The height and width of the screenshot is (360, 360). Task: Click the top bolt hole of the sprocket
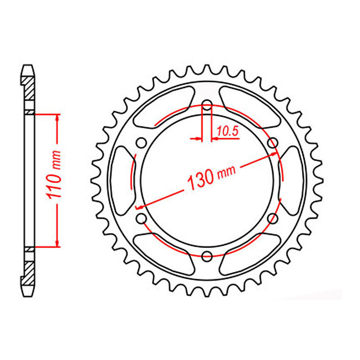tap(207, 106)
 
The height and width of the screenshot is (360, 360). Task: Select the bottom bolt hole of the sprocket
tap(207, 256)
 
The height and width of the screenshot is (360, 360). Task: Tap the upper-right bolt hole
tap(272, 143)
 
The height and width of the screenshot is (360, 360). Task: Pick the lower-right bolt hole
tap(272, 219)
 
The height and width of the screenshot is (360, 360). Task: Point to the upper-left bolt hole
tap(141, 143)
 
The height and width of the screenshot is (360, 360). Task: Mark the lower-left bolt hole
tap(141, 219)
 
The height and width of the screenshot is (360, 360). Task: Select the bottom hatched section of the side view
tap(28, 272)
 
